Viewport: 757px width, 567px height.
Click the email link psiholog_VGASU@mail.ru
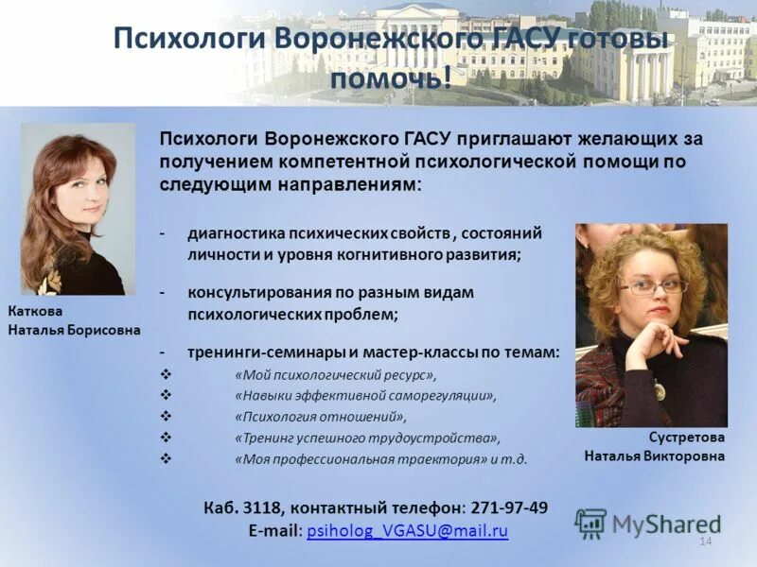(408, 531)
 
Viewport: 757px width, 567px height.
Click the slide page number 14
(704, 541)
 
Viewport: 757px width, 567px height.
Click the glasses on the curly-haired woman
(653, 286)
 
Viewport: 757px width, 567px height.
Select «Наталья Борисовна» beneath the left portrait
(74, 330)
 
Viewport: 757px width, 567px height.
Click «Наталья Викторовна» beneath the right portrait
(654, 456)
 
